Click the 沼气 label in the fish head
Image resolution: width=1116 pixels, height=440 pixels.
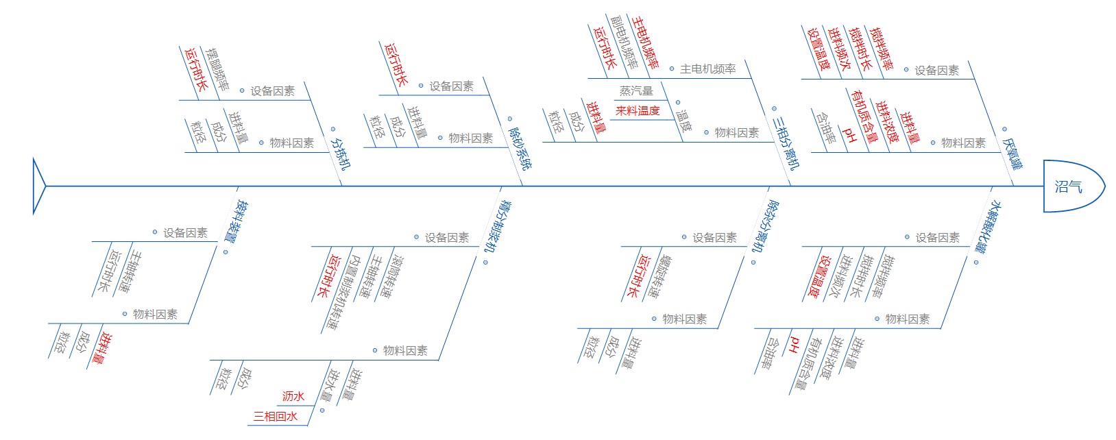(1068, 186)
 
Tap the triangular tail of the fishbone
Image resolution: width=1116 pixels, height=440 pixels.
(38, 186)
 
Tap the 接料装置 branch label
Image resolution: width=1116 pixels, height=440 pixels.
(240, 221)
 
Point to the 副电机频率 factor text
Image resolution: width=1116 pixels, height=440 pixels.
(624, 42)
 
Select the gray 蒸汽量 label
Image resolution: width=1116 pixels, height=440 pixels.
(636, 90)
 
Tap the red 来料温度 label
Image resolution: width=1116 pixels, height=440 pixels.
(638, 110)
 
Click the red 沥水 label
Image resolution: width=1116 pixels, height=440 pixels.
(293, 396)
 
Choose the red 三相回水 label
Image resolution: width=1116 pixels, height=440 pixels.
(276, 416)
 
